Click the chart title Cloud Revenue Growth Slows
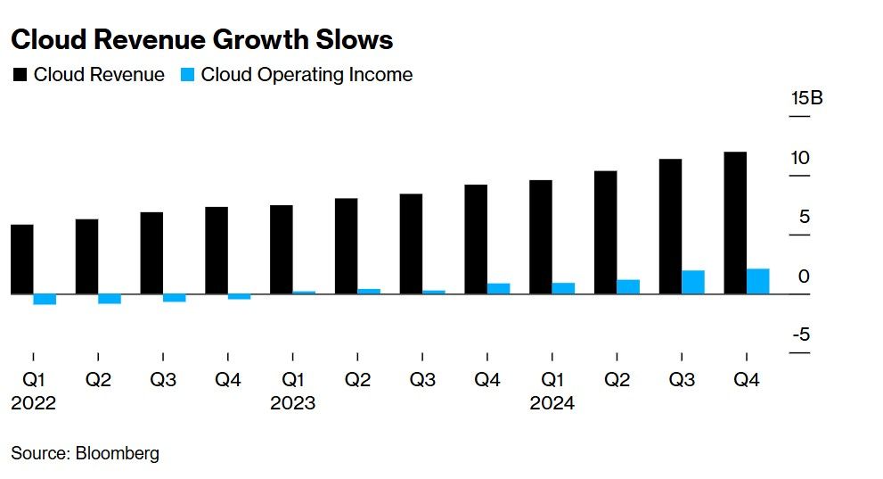coord(201,39)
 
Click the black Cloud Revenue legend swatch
coord(20,75)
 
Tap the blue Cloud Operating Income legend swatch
coord(187,75)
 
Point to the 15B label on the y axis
coord(806,98)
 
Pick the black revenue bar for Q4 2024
coord(735,222)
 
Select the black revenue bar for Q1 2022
coord(21,259)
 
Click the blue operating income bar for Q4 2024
coord(757,281)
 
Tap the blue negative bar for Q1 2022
coord(45,299)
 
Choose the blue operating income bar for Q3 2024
coord(692,282)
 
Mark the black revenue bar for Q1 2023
coord(281,249)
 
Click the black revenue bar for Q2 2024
coord(605,232)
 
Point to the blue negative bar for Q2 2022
coord(110,298)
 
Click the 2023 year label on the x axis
coord(292,403)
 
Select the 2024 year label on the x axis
coord(552,403)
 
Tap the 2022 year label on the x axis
coord(33,403)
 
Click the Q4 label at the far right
coord(746,380)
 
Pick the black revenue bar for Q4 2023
coord(475,239)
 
